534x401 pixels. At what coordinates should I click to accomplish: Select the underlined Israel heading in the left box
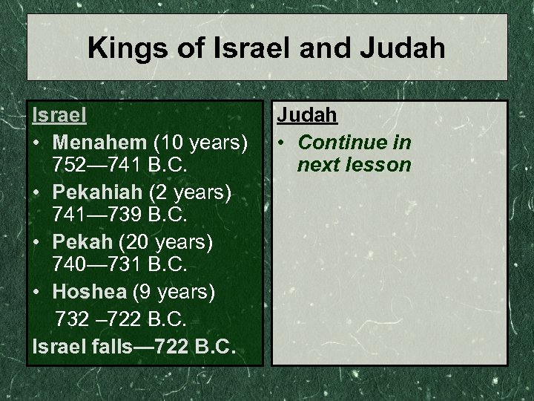click(x=59, y=116)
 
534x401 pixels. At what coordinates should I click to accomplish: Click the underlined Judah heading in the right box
click(x=307, y=116)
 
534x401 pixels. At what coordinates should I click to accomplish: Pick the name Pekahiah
click(x=99, y=192)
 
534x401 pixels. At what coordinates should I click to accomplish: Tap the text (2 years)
click(x=191, y=192)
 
